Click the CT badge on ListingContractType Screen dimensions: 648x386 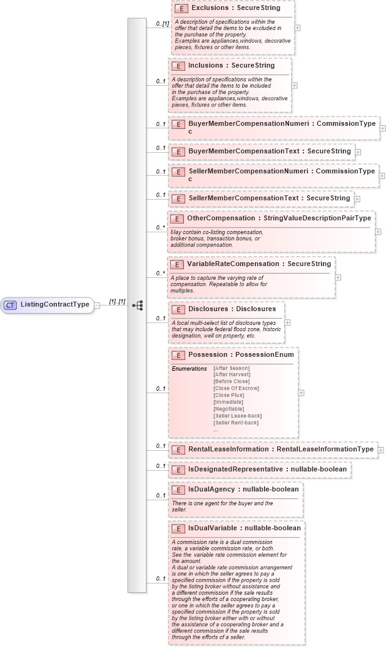point(10,305)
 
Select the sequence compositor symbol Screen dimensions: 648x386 point(138,305)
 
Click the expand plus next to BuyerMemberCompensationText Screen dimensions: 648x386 point(358,152)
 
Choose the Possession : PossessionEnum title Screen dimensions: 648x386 point(241,354)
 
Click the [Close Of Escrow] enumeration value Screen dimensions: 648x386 point(236,388)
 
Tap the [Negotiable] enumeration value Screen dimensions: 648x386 point(228,409)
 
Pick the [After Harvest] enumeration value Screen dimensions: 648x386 point(231,374)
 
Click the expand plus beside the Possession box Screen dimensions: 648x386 point(301,393)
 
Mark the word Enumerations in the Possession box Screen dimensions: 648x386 point(189,368)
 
